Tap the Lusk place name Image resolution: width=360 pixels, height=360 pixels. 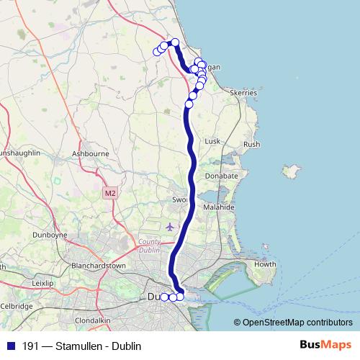tap(212, 142)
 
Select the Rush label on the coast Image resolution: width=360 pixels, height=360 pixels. tap(252, 145)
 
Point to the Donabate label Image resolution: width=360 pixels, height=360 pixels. tap(222, 176)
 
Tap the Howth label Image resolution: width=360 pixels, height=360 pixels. tap(266, 264)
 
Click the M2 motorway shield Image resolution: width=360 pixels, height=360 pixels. tap(109, 193)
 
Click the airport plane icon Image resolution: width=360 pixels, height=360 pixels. tap(170, 227)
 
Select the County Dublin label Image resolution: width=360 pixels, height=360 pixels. tap(150, 246)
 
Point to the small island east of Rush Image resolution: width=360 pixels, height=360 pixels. tap(292, 173)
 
